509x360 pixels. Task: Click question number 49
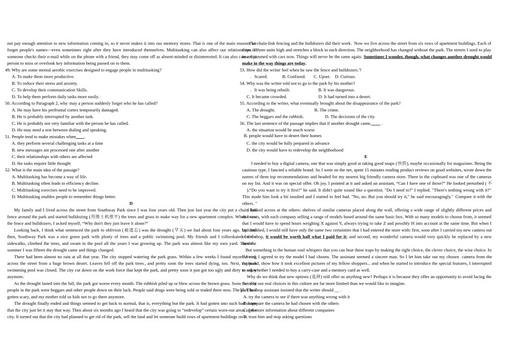tap(8, 70)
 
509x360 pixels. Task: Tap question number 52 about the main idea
tap(8, 170)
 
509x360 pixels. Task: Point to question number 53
tap(243, 70)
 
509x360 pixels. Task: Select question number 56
tap(243, 123)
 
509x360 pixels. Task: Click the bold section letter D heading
tap(131, 204)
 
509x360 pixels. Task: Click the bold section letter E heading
tap(366, 157)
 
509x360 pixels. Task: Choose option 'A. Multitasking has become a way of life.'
tap(49, 177)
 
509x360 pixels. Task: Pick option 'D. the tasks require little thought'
tap(41, 163)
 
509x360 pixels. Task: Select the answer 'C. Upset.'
tap(322, 77)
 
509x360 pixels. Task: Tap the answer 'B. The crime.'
tap(326, 110)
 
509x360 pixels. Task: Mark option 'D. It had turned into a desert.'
tap(345, 97)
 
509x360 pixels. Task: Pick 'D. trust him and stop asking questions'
tap(278, 317)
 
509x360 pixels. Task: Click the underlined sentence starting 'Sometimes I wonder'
tap(428, 57)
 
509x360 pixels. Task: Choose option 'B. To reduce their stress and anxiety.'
tap(45, 84)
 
